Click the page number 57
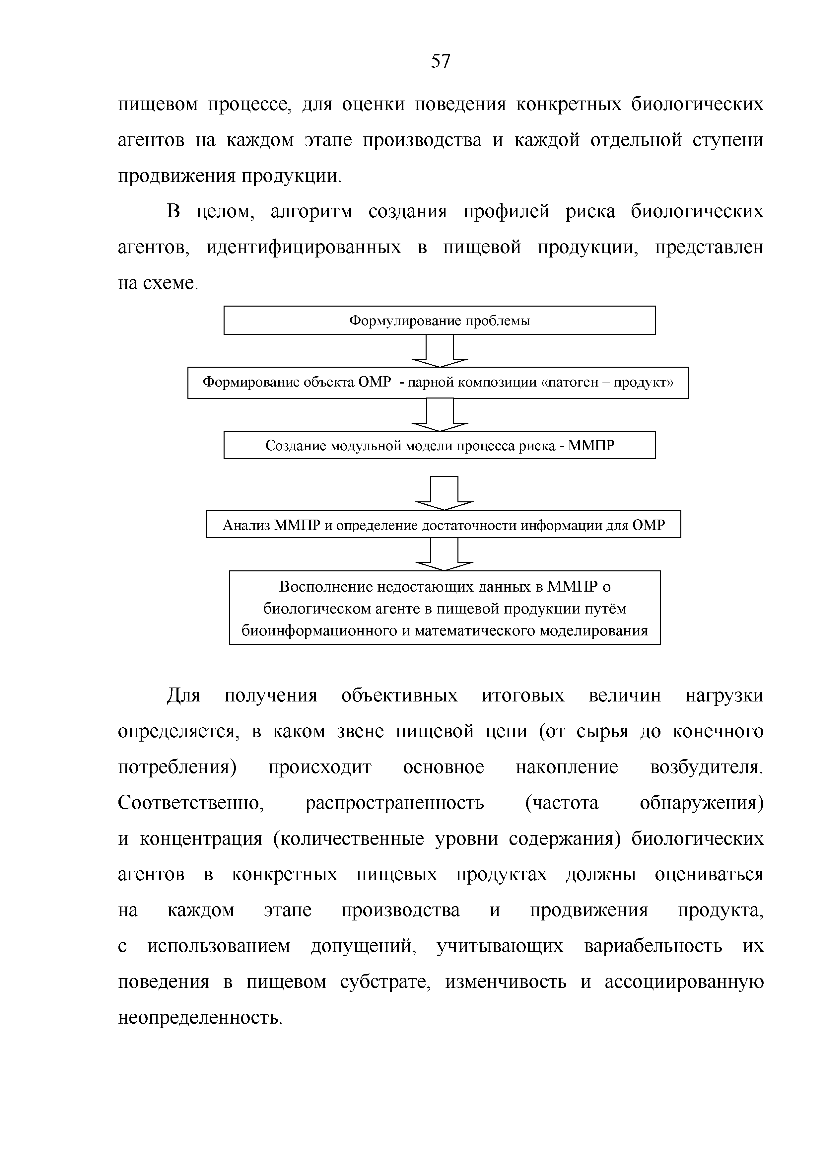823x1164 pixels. (440, 61)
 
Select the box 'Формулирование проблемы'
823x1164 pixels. (440, 321)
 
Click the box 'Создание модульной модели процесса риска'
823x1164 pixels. (440, 445)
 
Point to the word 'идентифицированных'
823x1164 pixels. (303, 248)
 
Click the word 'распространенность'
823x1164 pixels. (394, 803)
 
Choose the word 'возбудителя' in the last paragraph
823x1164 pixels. (706, 767)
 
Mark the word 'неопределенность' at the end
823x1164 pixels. (199, 1018)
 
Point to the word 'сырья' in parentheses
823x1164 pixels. (602, 732)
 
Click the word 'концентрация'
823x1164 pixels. (201, 839)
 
